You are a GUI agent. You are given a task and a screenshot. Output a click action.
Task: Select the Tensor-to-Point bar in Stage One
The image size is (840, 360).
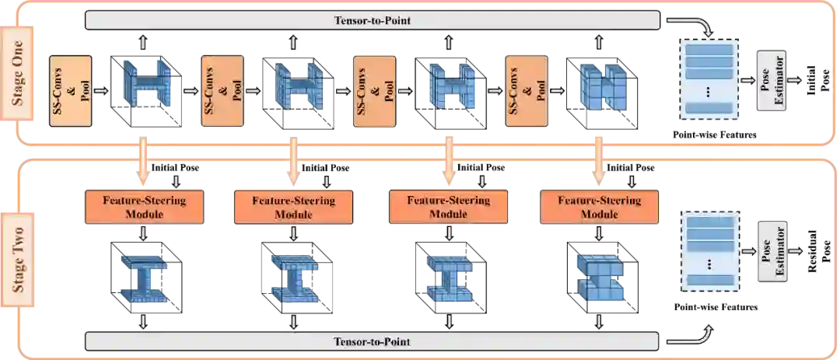(x=372, y=21)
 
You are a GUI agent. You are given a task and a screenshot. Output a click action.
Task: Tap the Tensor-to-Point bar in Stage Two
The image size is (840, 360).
(x=372, y=341)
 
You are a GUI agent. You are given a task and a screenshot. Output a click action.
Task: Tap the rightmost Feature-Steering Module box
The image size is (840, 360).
(x=599, y=206)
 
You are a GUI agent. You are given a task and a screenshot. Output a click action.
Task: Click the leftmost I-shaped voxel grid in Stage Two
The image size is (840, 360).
(x=144, y=278)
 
